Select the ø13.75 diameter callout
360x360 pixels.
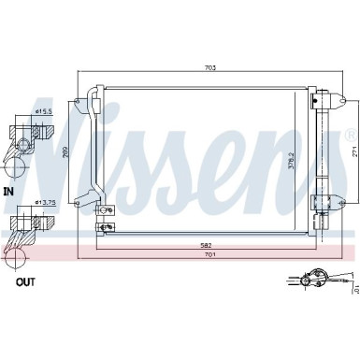tap(43, 201)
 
